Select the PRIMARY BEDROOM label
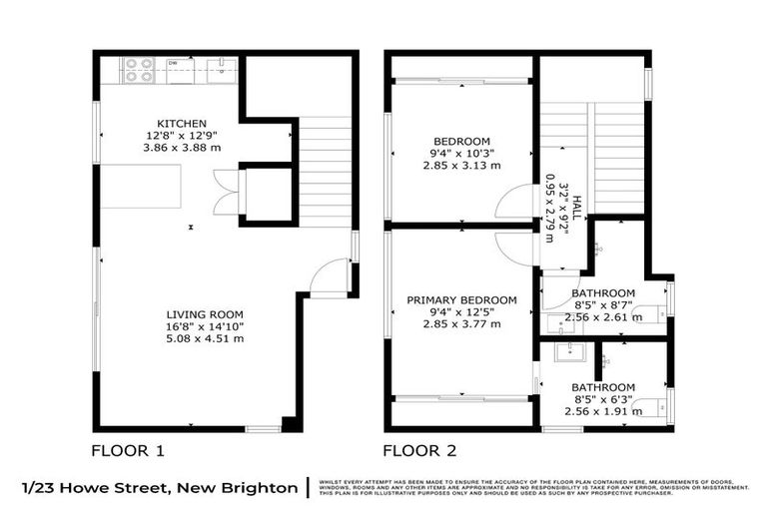(x=461, y=300)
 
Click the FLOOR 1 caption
(x=128, y=450)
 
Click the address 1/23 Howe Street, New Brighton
(x=160, y=488)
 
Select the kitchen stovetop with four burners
(x=137, y=69)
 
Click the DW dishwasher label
(x=173, y=63)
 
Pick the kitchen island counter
(x=140, y=187)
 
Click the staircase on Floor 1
(x=325, y=170)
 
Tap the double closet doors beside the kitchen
(x=227, y=192)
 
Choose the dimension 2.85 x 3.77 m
(x=461, y=325)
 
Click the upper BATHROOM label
(x=603, y=293)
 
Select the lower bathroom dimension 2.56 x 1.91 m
(x=603, y=412)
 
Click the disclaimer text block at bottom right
(x=534, y=488)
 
